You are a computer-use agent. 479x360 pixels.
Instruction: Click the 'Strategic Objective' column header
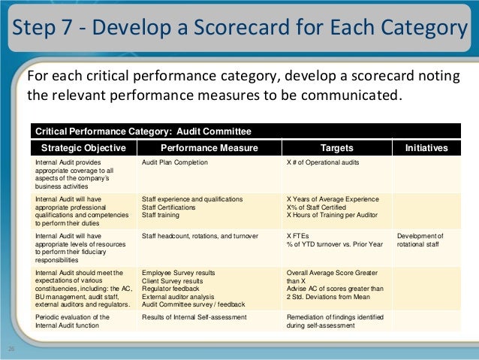[83, 148]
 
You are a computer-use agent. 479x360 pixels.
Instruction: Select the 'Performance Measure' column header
[209, 148]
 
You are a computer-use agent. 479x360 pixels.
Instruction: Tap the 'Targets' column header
[337, 148]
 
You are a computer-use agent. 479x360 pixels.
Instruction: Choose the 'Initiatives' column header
[426, 148]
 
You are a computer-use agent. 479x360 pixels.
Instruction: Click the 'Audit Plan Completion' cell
[175, 162]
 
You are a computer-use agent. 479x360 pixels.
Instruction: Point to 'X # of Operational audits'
[324, 162]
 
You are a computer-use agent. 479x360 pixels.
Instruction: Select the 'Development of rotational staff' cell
[420, 241]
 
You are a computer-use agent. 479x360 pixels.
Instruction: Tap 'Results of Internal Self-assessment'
[193, 317]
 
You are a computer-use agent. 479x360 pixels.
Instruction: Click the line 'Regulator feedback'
[170, 288]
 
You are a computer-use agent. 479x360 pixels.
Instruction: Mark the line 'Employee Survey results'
[177, 273]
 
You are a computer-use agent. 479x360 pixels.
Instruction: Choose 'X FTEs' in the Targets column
[300, 236]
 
